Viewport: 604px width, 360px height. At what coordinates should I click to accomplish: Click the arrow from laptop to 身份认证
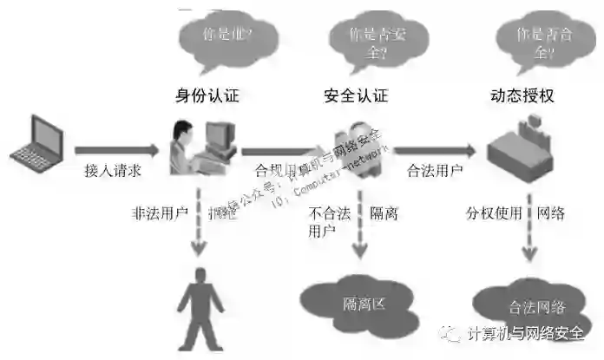[117, 149]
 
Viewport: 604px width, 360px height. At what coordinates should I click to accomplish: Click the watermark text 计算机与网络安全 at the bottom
[529, 334]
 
